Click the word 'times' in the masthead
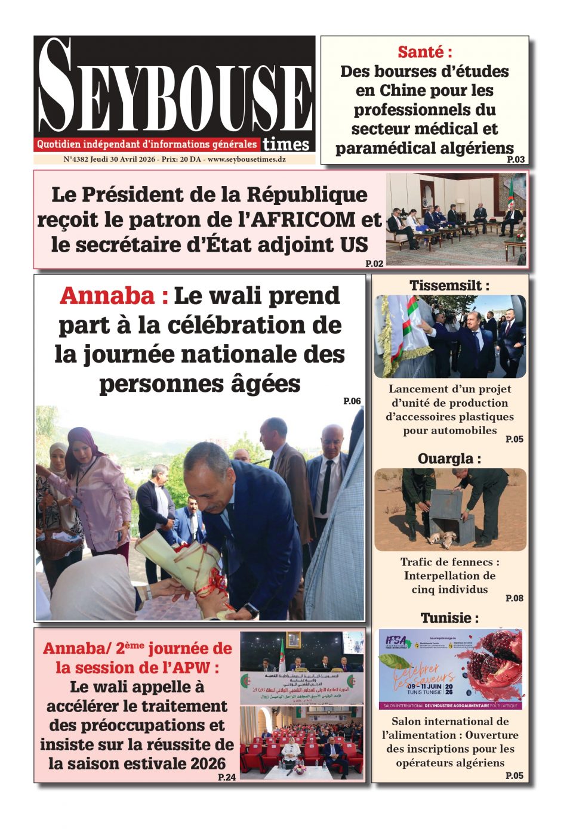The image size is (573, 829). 286,144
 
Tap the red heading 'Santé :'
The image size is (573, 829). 424,52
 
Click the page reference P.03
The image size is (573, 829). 516,159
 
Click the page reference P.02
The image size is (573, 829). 374,263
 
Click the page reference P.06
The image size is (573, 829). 352,401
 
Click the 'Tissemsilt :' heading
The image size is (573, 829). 449,286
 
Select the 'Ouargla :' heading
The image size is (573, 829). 449,459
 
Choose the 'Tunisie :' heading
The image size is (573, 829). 449,618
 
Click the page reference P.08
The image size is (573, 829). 514,598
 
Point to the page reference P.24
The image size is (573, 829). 227,777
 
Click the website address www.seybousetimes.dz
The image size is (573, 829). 247,160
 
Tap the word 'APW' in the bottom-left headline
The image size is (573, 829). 188,668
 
